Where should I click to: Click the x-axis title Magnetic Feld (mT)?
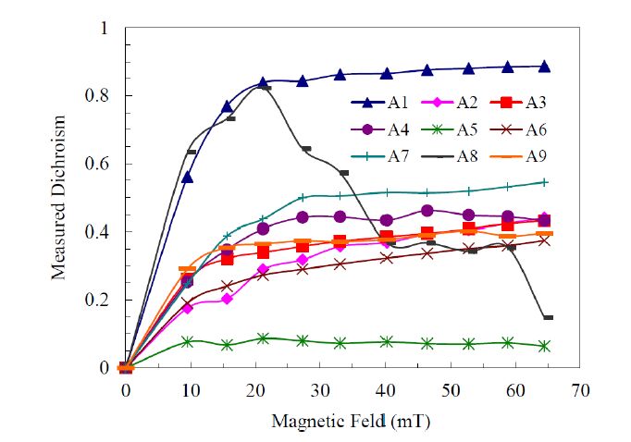(x=351, y=422)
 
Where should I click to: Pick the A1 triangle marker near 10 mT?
(x=188, y=177)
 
